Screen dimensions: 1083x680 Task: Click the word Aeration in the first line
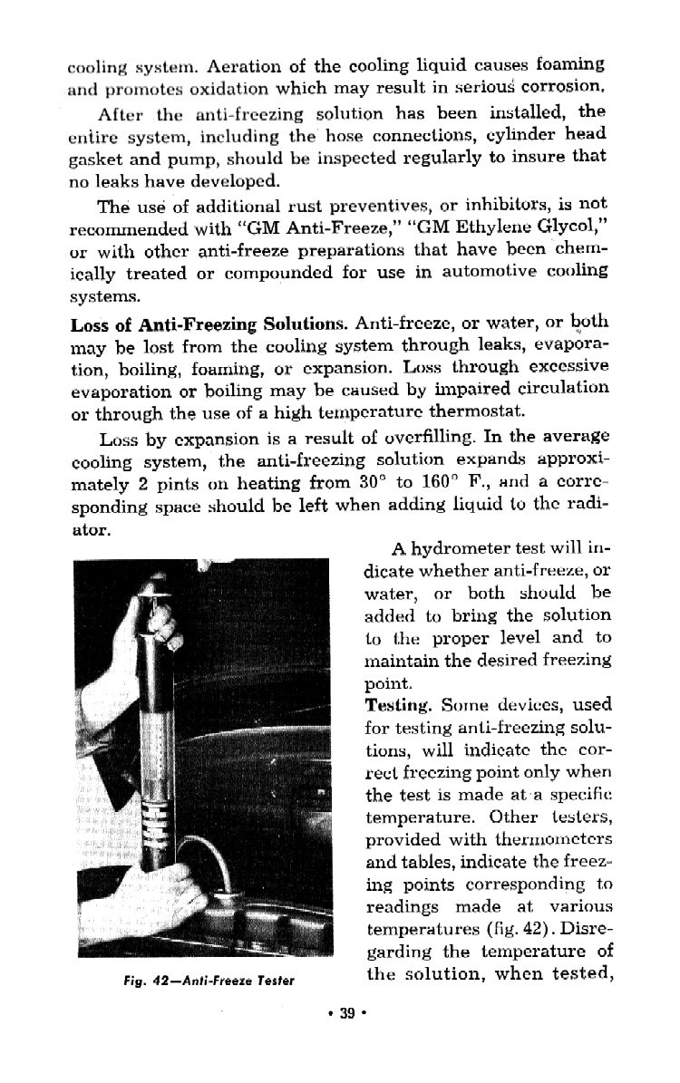tap(238, 66)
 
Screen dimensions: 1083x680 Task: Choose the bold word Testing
tap(397, 704)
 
